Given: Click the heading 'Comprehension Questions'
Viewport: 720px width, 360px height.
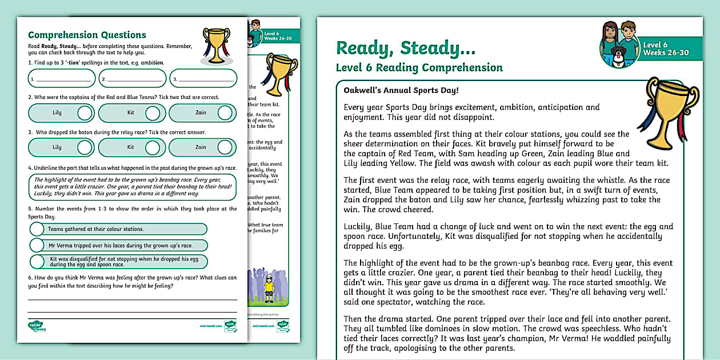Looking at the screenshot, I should (87, 35).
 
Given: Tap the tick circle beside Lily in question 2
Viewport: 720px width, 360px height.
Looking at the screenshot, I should (85, 113).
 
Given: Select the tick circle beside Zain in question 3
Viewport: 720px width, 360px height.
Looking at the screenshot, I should (225, 147).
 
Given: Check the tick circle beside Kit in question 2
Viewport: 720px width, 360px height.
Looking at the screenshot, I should (153, 113).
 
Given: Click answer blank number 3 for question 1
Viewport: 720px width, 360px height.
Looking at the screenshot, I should (204, 79).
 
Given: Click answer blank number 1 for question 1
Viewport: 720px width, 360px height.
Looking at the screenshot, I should (63, 79).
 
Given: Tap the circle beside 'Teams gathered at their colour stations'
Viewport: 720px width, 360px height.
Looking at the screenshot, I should (37, 229).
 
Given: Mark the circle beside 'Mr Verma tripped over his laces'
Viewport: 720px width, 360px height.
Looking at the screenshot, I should (37, 246).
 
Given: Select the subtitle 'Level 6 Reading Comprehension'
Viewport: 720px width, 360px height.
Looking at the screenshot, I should (419, 68).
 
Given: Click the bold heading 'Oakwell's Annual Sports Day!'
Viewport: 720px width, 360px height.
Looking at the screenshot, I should (401, 90).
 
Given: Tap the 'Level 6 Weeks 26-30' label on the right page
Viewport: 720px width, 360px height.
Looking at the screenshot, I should (666, 49).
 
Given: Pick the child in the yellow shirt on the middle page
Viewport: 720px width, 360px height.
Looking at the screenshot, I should (269, 286).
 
